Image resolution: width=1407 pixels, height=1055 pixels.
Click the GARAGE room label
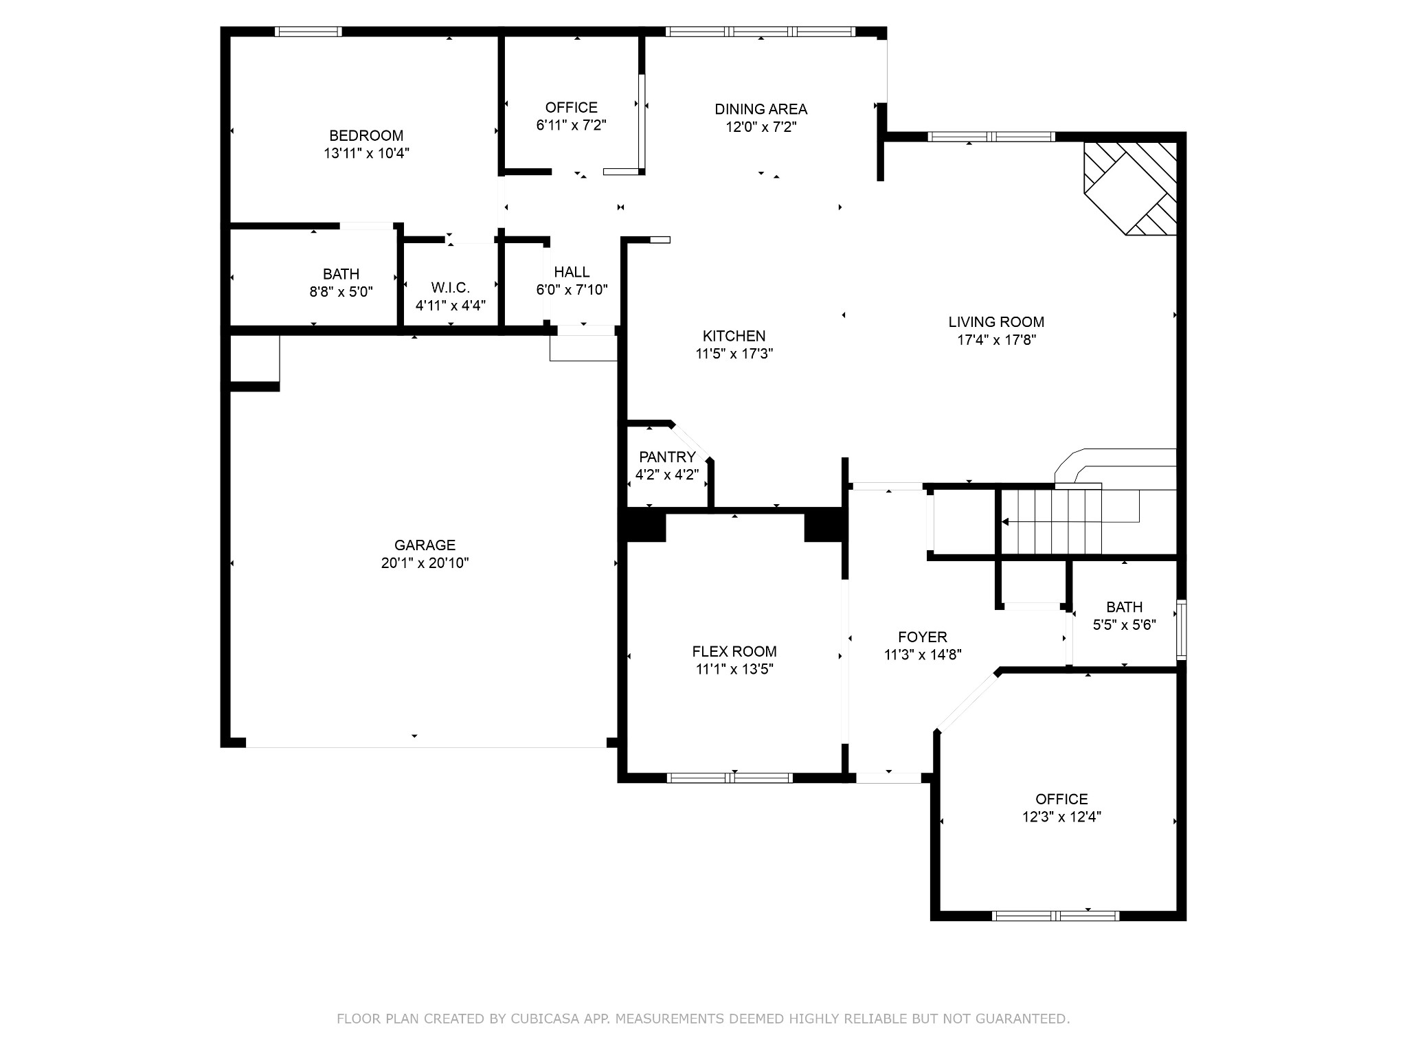tap(425, 545)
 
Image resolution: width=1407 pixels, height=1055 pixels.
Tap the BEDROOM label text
tap(366, 136)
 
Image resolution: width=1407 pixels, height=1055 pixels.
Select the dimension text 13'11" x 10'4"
tap(367, 153)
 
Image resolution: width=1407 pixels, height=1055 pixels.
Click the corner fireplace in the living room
tap(1130, 188)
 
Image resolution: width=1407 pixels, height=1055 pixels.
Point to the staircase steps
tap(1051, 522)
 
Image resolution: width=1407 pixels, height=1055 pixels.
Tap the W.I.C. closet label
tap(451, 288)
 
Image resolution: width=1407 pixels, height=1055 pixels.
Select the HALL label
tap(572, 272)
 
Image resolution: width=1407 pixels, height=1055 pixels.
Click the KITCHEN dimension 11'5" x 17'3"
tap(734, 354)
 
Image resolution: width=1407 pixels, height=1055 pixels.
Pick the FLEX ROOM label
tap(734, 652)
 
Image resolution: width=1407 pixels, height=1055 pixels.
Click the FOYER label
tap(922, 637)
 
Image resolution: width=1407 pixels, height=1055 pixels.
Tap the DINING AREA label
tap(761, 109)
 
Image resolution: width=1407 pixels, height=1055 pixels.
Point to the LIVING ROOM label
tap(996, 322)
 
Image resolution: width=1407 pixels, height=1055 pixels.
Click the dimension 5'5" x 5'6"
tap(1125, 625)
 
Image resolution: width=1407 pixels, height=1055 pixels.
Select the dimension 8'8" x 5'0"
tap(341, 292)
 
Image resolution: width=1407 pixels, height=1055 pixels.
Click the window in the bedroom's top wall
tap(308, 32)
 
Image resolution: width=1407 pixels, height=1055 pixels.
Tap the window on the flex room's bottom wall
tap(730, 778)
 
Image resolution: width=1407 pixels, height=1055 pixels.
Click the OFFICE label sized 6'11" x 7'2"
tap(571, 108)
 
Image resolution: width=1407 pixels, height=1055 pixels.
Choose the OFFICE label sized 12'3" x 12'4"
tap(1061, 799)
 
